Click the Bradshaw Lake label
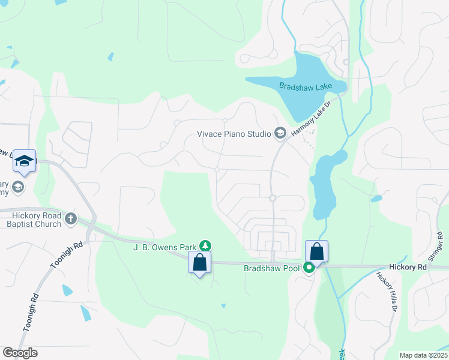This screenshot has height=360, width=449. pos(306,86)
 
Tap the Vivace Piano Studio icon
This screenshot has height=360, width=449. pos(280,133)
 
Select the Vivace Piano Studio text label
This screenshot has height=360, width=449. pos(234,134)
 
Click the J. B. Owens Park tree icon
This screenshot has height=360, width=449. pos(205,245)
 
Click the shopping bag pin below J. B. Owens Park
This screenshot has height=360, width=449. pos(199,262)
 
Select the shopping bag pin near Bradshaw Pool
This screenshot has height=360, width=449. pos(316,251)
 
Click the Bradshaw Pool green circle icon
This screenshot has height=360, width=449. pos(309,268)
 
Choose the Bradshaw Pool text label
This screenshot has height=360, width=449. pos(271,268)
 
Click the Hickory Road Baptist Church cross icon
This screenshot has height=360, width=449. pos(71,218)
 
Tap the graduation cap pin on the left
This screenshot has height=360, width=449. pos(24,160)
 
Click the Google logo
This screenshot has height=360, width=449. pos(20,353)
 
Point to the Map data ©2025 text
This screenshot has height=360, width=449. pos(423,355)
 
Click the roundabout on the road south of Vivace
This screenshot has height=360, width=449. pos(272,198)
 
